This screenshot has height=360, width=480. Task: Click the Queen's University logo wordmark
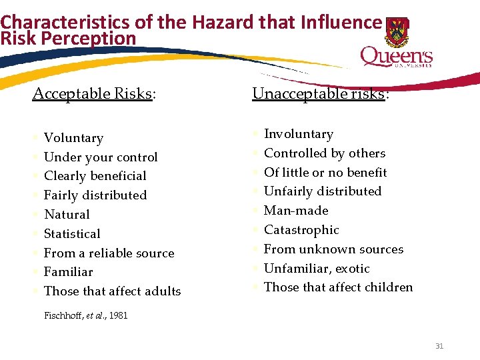[x=396, y=57]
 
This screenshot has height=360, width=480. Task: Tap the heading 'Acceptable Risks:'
[x=94, y=93]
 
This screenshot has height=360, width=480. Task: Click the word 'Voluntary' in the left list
[x=73, y=138]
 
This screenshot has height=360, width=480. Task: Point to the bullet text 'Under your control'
[x=101, y=157]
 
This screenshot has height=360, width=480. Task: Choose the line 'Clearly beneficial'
[x=95, y=176]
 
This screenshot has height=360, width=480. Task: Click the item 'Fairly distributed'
[x=95, y=195]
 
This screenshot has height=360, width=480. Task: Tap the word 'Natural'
[x=67, y=215]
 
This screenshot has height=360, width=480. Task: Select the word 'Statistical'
[x=72, y=234]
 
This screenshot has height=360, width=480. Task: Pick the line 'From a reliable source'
[x=109, y=253]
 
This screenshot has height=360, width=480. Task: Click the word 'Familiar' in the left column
[x=68, y=272]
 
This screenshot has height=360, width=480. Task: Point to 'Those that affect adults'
[x=112, y=291]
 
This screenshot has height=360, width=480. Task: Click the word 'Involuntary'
[x=298, y=134]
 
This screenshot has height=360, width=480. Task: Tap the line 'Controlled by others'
[x=325, y=153]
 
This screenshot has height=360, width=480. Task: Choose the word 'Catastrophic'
[x=301, y=230]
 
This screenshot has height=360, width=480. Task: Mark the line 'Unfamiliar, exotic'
[x=317, y=269]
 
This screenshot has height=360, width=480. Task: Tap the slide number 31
[x=439, y=345]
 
